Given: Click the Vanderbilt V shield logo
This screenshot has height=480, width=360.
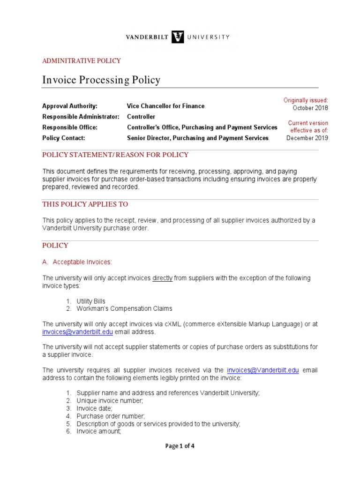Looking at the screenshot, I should pyautogui.click(x=178, y=37).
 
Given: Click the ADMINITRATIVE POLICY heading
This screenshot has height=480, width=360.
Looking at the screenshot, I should pyautogui.click(x=82, y=61).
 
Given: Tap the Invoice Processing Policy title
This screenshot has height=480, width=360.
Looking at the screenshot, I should pyautogui.click(x=101, y=80).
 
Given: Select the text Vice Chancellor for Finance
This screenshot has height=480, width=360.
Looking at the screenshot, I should pyautogui.click(x=166, y=106).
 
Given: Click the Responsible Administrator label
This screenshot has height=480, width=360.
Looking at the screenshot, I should pyautogui.click(x=81, y=117).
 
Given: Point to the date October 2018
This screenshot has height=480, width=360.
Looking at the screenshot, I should pyautogui.click(x=310, y=108).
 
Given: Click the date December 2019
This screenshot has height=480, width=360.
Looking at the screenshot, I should pyautogui.click(x=307, y=138).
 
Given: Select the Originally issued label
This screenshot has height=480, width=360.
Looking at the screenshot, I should pyautogui.click(x=306, y=100).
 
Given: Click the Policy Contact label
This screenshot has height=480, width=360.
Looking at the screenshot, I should pyautogui.click(x=63, y=138).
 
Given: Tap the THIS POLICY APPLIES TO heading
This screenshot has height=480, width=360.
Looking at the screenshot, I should pyautogui.click(x=85, y=204).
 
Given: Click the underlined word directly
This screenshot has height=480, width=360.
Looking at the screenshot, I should pyautogui.click(x=163, y=278).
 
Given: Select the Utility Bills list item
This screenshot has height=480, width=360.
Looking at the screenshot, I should pyautogui.click(x=91, y=301).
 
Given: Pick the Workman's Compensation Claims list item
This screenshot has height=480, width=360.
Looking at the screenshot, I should pyautogui.click(x=124, y=308).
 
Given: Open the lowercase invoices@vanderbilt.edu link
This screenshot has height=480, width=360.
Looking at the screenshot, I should pyautogui.click(x=78, y=332).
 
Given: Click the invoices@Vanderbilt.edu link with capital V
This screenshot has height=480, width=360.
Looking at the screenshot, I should pyautogui.click(x=262, y=370).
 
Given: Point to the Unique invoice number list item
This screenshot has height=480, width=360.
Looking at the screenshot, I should pyautogui.click(x=110, y=401).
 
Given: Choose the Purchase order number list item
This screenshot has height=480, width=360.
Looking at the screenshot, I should pyautogui.click(x=111, y=416).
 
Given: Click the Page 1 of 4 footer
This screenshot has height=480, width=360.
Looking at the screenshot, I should pyautogui.click(x=180, y=446).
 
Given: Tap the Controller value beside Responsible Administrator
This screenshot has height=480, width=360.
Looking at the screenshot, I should pyautogui.click(x=141, y=117).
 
